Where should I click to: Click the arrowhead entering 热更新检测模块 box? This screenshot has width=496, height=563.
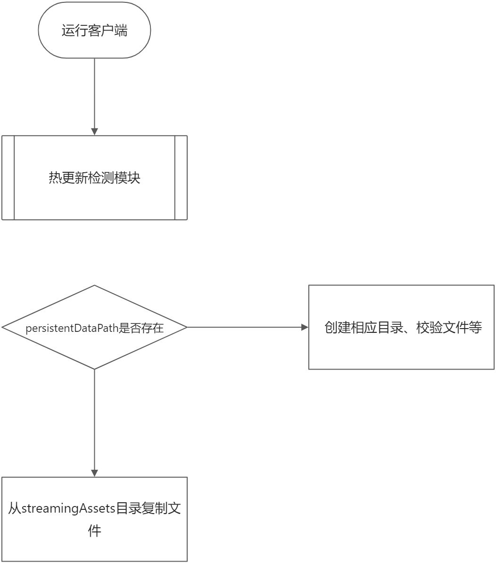tap(94, 132)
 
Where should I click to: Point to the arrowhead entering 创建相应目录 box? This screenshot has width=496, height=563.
tap(305, 327)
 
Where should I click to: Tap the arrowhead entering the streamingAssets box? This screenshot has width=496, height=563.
tap(94, 473)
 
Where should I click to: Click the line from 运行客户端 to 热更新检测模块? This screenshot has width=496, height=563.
tap(94, 94)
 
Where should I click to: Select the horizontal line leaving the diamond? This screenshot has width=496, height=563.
tap(245, 327)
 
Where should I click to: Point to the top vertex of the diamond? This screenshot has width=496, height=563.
tap(94, 286)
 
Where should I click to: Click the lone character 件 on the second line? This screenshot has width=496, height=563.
tap(94, 531)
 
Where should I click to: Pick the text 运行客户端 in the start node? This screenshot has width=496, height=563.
tap(94, 31)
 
